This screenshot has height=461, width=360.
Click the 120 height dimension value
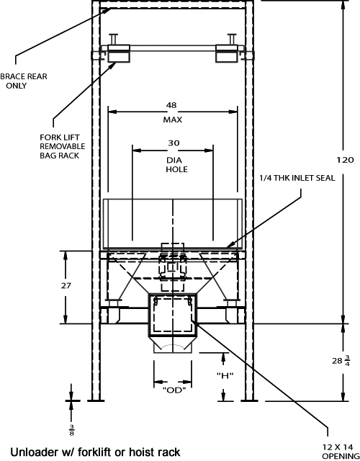(x=345, y=160)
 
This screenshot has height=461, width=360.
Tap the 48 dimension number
(x=171, y=105)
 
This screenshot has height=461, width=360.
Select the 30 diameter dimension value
(x=174, y=143)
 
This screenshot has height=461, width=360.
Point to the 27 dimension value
(x=66, y=285)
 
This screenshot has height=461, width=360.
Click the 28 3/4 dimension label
(x=341, y=360)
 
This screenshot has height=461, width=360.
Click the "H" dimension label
(x=225, y=375)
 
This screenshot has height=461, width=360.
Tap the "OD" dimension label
(x=174, y=390)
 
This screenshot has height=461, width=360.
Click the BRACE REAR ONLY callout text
(x=24, y=81)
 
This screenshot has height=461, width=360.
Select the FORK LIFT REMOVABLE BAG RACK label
(x=63, y=146)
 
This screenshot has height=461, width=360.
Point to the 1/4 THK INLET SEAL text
(x=297, y=178)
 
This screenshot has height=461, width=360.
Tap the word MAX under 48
(x=173, y=120)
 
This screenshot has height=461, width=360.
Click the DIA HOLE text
(x=176, y=165)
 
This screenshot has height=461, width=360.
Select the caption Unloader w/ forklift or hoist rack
(x=95, y=452)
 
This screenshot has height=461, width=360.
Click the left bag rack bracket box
(x=119, y=53)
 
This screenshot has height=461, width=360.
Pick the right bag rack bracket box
(x=227, y=53)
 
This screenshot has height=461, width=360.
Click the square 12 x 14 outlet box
(x=173, y=315)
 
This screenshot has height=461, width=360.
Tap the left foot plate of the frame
(x=96, y=400)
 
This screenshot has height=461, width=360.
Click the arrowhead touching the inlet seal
(x=230, y=245)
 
